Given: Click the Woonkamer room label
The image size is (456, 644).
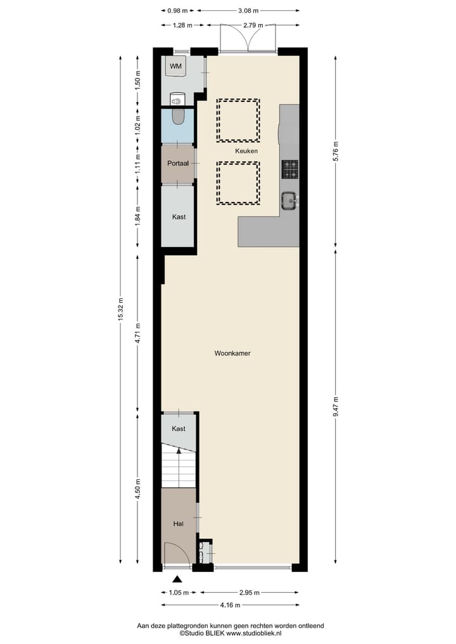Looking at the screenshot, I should click(x=232, y=353).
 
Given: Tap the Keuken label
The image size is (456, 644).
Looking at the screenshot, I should click(x=246, y=151).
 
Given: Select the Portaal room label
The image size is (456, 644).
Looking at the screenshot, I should click(x=177, y=163).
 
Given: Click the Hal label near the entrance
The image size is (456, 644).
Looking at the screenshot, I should click(x=178, y=524).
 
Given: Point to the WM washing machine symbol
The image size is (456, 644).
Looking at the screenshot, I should click(x=177, y=66).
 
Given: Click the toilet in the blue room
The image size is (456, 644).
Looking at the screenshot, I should click(x=179, y=116).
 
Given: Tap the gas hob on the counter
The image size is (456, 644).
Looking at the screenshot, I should click(x=290, y=169).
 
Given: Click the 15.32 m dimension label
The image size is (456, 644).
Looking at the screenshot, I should click(x=120, y=310).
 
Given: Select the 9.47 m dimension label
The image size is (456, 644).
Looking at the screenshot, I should click(x=336, y=406).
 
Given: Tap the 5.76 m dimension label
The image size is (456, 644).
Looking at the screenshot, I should click(x=336, y=150).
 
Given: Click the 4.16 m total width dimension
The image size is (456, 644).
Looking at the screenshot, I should click(x=227, y=605).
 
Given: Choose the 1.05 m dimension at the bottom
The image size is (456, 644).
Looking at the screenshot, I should click(x=178, y=593).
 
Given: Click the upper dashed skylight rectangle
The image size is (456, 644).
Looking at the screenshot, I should click(x=238, y=120).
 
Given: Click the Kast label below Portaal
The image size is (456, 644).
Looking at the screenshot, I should click(x=179, y=217).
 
